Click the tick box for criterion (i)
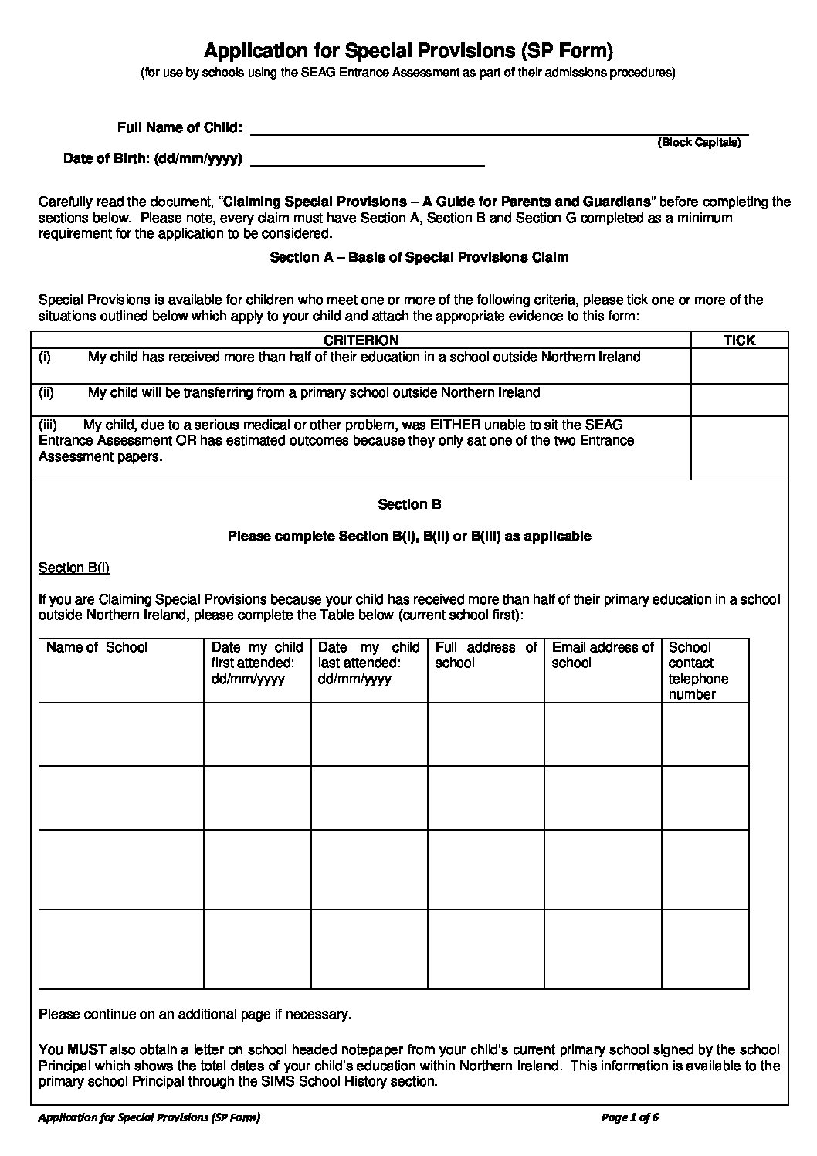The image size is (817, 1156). point(739,366)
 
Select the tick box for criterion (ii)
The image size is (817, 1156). point(739,399)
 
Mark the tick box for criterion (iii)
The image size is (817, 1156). point(739,447)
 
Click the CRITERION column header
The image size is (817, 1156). point(361,341)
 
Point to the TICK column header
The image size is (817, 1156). point(739,341)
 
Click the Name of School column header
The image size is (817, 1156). point(97,648)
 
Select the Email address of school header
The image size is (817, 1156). point(602,655)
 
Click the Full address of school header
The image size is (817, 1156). point(486,655)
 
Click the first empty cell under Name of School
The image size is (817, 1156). point(121,734)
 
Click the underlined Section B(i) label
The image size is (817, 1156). point(74,568)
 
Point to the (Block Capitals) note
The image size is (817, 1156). point(699,143)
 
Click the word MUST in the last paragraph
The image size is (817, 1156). point(86,1050)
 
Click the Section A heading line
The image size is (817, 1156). point(419,257)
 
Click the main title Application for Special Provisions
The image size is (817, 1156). point(408,51)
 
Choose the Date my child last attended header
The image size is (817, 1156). point(368,663)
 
